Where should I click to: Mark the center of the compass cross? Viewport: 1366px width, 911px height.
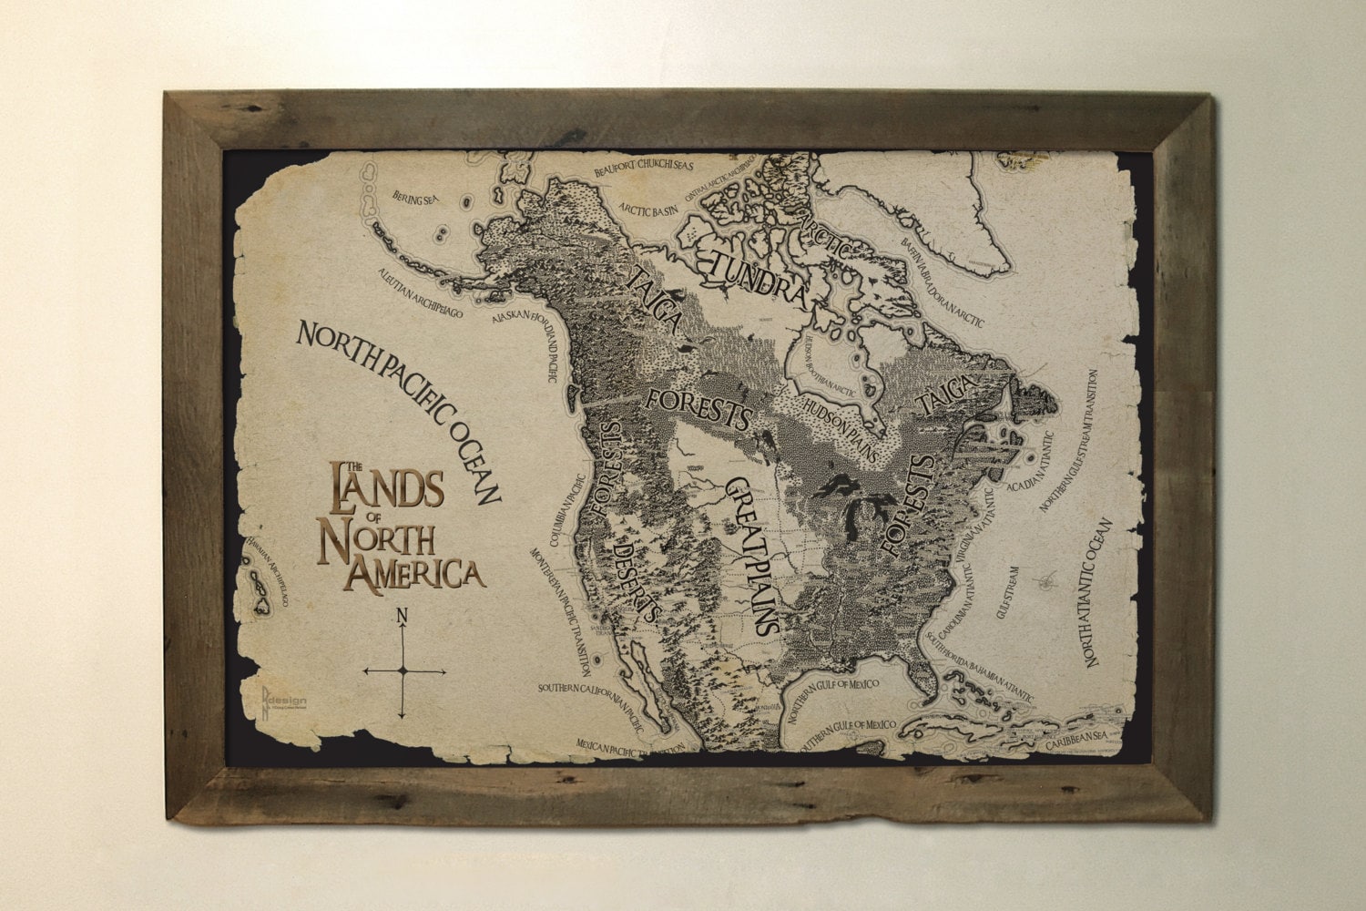pyautogui.click(x=403, y=670)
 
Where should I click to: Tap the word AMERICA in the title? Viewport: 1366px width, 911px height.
pyautogui.click(x=417, y=572)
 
